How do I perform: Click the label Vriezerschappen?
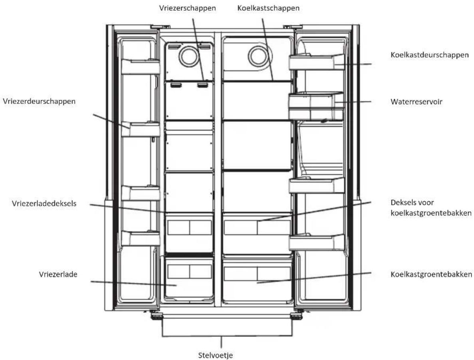point(187,8)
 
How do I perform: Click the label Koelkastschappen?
point(268,8)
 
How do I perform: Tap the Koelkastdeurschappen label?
point(430,55)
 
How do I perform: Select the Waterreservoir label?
point(416,101)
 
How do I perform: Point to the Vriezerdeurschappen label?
point(39,101)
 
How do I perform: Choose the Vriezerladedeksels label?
point(44,204)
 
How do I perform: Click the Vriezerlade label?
point(58,274)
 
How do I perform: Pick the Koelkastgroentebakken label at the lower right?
point(431,274)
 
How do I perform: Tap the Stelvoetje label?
point(216,355)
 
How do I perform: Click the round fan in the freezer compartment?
point(189,56)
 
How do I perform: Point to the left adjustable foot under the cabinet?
point(157,316)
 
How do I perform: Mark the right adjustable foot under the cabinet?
point(296,316)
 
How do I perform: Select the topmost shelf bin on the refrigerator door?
point(317,62)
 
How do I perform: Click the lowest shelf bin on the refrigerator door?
point(317,242)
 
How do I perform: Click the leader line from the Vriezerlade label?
point(134,283)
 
